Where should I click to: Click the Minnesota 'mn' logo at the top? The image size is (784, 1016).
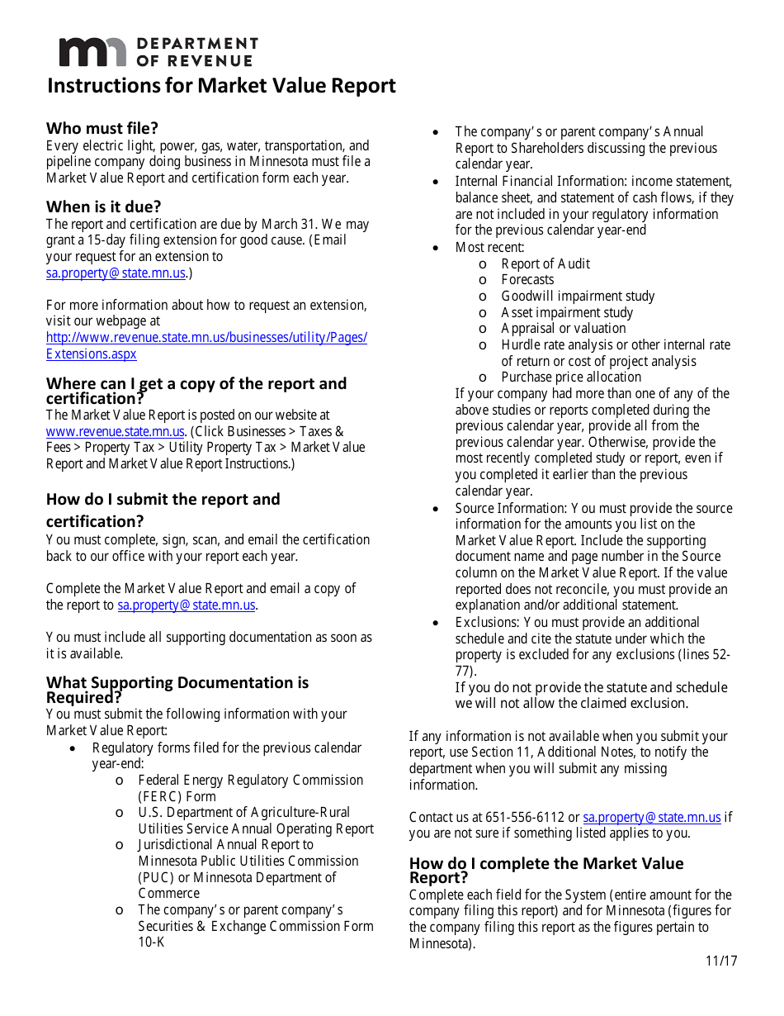click(92, 52)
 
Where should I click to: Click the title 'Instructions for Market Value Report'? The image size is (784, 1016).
click(221, 86)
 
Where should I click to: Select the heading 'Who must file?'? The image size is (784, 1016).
click(102, 128)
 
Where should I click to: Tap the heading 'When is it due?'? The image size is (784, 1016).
click(103, 207)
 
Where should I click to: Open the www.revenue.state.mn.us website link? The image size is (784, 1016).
click(115, 431)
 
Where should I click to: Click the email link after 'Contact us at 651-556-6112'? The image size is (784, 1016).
click(651, 817)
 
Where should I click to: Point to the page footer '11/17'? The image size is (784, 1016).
click(721, 961)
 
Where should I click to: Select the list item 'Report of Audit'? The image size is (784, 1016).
click(545, 263)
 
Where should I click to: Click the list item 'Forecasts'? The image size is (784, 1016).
click(527, 280)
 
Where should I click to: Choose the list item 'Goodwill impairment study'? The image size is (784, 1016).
click(578, 296)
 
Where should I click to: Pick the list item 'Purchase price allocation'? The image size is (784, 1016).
click(571, 377)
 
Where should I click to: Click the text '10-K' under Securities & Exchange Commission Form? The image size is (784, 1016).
click(152, 942)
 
